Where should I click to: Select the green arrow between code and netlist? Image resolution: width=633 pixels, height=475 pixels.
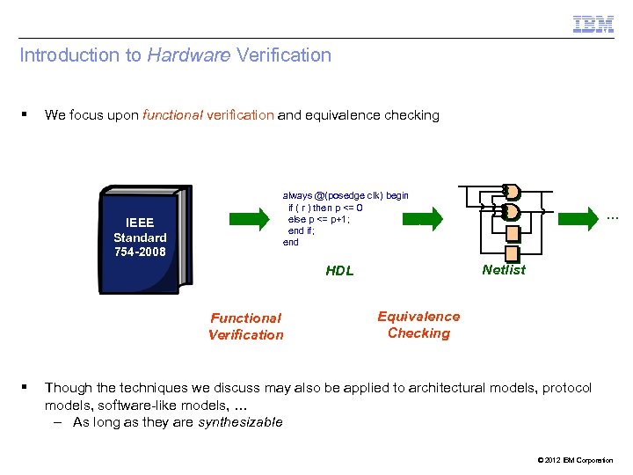pos(431,217)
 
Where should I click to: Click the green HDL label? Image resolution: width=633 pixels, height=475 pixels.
pos(339,271)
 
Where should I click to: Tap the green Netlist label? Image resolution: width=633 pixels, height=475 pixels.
pos(504,270)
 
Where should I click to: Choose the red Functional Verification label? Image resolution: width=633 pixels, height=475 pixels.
pos(246,326)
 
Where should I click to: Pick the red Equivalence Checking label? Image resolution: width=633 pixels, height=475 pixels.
pos(418,325)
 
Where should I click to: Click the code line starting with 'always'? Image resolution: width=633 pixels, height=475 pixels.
pos(346,195)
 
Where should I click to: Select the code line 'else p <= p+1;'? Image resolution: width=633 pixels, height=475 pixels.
pos(319,219)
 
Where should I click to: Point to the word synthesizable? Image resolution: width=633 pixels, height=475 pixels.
pos(240,422)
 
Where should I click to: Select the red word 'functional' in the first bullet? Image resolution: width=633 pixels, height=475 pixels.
pos(171,115)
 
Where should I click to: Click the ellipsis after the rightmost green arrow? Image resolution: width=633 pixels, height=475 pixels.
pos(614,216)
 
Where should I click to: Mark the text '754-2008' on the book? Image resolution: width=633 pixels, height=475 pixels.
pos(140,252)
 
